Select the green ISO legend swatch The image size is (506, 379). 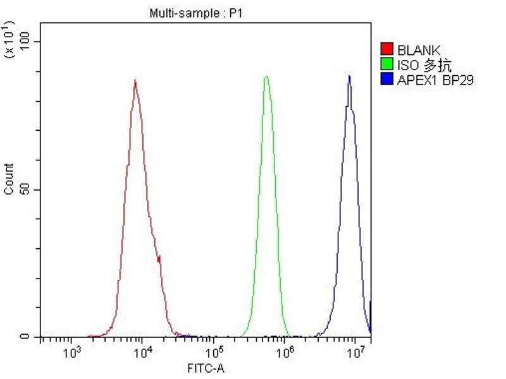pos(386,64)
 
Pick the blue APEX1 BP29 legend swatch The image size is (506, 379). pos(386,79)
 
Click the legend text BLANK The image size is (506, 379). pos(419,49)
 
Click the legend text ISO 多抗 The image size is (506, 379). pos(424,64)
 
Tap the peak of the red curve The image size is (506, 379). pos(135,80)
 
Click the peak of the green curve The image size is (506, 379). pos(267,76)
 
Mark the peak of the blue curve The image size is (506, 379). pos(349,76)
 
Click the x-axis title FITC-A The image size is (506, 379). pos(204,368)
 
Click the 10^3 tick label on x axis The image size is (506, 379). pos(72,351)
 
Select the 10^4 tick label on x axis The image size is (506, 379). pos(143,351)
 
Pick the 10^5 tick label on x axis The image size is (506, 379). pos(214,351)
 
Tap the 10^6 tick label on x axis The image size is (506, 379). pos(285,351)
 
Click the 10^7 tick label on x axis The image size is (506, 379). pos(355,351)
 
